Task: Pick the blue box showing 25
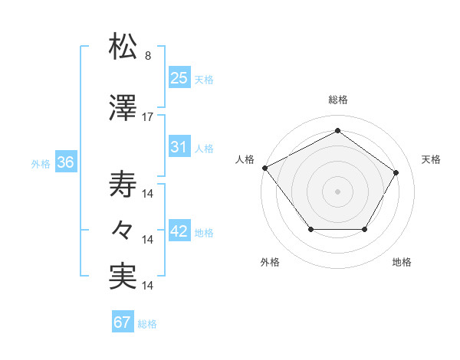pyautogui.click(x=179, y=77)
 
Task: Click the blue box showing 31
pyautogui.click(x=179, y=147)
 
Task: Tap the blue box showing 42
pyautogui.click(x=179, y=231)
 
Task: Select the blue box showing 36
pyautogui.click(x=64, y=162)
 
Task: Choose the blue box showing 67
pyautogui.click(x=123, y=322)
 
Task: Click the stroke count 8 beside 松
pyautogui.click(x=147, y=56)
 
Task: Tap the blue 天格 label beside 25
pyautogui.click(x=204, y=79)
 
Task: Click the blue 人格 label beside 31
pyautogui.click(x=204, y=149)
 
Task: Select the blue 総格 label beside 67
pyautogui.click(x=147, y=324)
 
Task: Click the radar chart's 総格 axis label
pyautogui.click(x=338, y=100)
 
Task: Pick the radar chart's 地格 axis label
pyautogui.click(x=402, y=263)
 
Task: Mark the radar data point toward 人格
pyautogui.click(x=264, y=167)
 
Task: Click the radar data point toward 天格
pyautogui.click(x=396, y=172)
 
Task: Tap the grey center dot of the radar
pyautogui.click(x=337, y=191)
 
